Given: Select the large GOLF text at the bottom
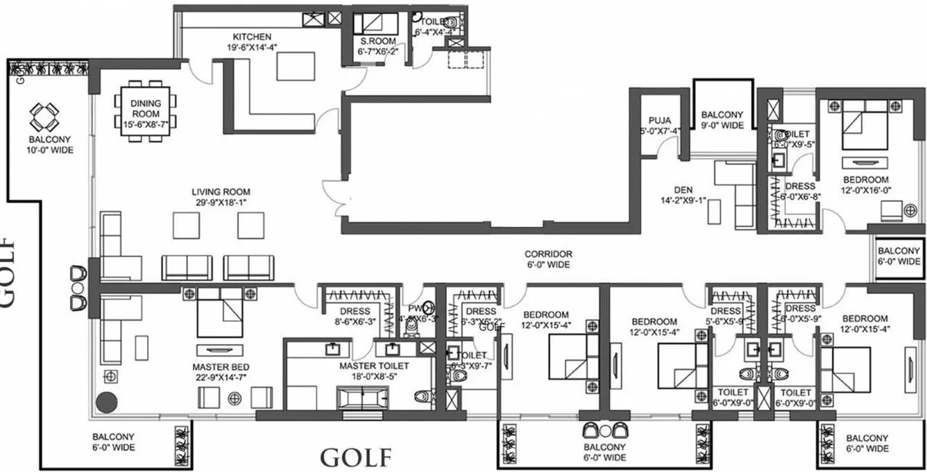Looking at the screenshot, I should tap(356, 457).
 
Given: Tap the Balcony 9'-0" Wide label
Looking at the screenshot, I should tap(722, 120).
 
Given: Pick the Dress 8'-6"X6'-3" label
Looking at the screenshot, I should tap(356, 316).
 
